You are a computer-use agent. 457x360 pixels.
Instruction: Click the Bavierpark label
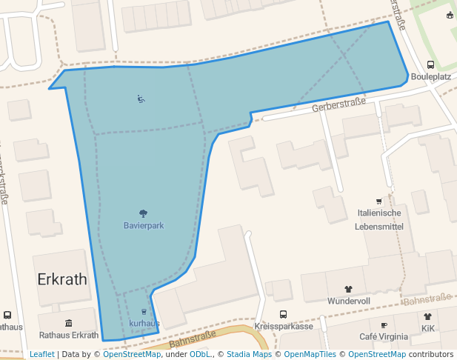pyautogui.click(x=144, y=225)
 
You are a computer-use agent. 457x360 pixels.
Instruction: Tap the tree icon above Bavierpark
pyautogui.click(x=143, y=214)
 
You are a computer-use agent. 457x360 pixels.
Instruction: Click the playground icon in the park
pyautogui.click(x=141, y=99)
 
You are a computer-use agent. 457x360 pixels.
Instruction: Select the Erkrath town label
pyautogui.click(x=62, y=279)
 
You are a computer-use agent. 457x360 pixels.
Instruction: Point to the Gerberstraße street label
pyautogui.click(x=339, y=105)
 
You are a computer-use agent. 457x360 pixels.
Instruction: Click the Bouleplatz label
pyautogui.click(x=431, y=76)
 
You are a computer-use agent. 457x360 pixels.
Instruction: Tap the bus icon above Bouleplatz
pyautogui.click(x=431, y=65)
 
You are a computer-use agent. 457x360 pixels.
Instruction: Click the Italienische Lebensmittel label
pyautogui.click(x=380, y=219)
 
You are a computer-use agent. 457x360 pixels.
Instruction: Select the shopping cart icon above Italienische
pyautogui.click(x=379, y=201)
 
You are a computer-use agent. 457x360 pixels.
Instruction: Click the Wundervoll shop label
pyautogui.click(x=349, y=301)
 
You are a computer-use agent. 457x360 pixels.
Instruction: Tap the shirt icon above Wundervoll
pyautogui.click(x=349, y=290)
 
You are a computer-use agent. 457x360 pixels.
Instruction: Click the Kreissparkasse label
pyautogui.click(x=283, y=326)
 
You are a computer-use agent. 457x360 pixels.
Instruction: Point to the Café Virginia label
pyautogui.click(x=384, y=336)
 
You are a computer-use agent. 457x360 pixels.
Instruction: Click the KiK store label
pyautogui.click(x=428, y=327)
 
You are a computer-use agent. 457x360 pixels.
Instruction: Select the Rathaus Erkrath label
pyautogui.click(x=69, y=335)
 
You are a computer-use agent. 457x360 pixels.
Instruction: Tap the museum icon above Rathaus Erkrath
pyautogui.click(x=69, y=323)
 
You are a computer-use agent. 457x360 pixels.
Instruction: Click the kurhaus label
pyautogui.click(x=144, y=324)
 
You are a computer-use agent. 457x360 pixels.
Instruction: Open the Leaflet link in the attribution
pyautogui.click(x=42, y=354)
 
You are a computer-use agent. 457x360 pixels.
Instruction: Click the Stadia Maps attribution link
pyautogui.click(x=249, y=354)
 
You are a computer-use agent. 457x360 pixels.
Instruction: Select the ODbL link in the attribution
pyautogui.click(x=199, y=354)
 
